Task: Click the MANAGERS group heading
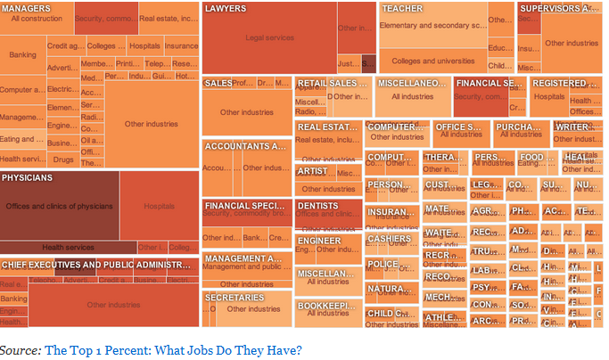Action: pyautogui.click(x=26, y=8)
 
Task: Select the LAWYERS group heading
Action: pyautogui.click(x=226, y=8)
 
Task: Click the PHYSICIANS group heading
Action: pyautogui.click(x=28, y=177)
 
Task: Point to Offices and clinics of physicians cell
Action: pyautogui.click(x=60, y=206)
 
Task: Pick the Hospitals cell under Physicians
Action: pyautogui.click(x=159, y=206)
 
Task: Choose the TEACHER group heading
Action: pyautogui.click(x=402, y=8)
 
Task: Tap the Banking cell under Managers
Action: pyautogui.click(x=22, y=55)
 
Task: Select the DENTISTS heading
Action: pyautogui.click(x=317, y=206)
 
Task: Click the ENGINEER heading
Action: pyautogui.click(x=319, y=241)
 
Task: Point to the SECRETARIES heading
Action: pyautogui.click(x=235, y=297)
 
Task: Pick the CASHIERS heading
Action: pyautogui.click(x=389, y=239)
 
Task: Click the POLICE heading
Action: pyautogui.click(x=383, y=264)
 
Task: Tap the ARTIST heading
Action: pyautogui.click(x=313, y=171)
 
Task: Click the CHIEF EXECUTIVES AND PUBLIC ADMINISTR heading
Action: pyautogui.click(x=96, y=266)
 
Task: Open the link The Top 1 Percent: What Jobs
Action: pyautogui.click(x=173, y=349)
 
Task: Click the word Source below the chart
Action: pyautogui.click(x=20, y=349)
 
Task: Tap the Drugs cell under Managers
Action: pyautogui.click(x=63, y=160)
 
